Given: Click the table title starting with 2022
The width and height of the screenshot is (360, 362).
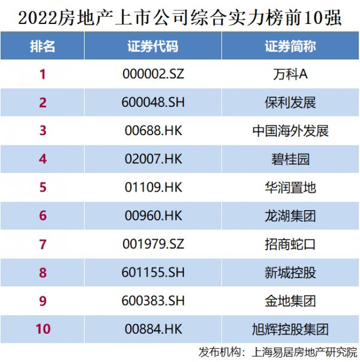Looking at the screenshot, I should coord(180,16).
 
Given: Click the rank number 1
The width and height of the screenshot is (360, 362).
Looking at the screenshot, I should coord(42,75).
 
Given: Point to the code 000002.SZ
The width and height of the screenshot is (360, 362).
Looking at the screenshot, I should coord(152,75).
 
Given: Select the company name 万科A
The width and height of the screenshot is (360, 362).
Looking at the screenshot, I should coord(290,75).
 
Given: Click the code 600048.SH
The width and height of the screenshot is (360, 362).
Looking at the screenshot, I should coord(152,103).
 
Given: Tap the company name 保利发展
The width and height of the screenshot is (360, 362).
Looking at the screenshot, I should coord(290,103).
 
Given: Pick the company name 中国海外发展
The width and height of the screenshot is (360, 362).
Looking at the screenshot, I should coord(290,131).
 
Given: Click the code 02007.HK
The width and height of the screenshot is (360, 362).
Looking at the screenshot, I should coord(152,159).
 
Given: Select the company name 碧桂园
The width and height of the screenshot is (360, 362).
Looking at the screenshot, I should coord(290,159).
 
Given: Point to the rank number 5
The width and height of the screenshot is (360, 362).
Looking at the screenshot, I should coord(42,187).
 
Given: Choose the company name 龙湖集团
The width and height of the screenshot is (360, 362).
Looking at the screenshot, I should coord(290,216).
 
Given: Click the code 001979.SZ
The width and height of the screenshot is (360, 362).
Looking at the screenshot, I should coord(152,244).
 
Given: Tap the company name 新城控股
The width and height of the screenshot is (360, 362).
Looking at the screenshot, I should coord(290,272).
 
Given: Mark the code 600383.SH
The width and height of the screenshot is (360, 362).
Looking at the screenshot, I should coord(152,300).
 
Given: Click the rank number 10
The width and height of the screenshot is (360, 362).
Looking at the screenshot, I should coord(42,328).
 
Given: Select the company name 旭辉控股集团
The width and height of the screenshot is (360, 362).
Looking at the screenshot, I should coord(290,328).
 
